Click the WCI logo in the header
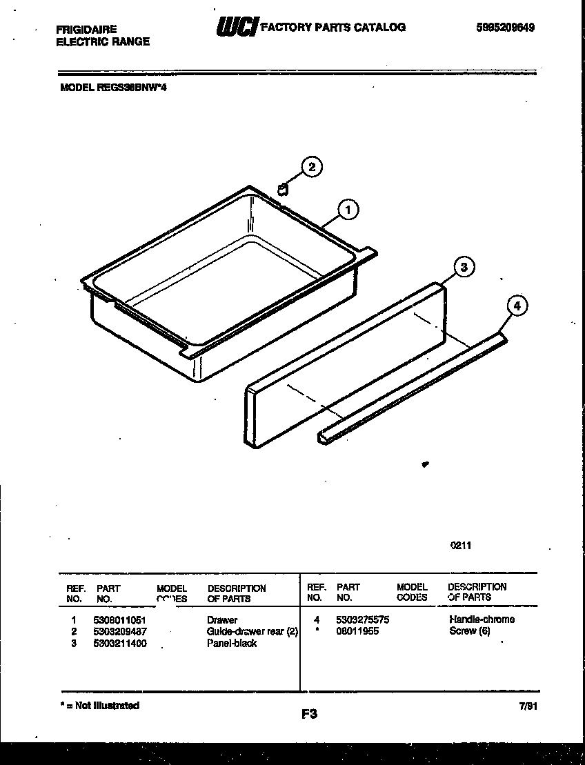237,27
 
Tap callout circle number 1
348,210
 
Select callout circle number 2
311,167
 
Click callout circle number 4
517,304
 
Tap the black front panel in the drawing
345,366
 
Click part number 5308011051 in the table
119,620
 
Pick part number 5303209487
119,631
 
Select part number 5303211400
119,643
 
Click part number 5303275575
363,619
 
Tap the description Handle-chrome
482,619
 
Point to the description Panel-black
232,643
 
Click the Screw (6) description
469,630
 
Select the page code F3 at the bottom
309,715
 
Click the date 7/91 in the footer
526,706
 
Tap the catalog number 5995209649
505,28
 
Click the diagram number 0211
461,545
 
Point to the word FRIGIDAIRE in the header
86,30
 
